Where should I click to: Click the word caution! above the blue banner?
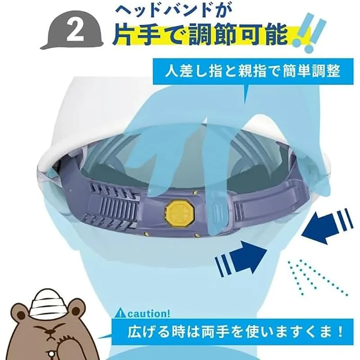(x=149, y=313)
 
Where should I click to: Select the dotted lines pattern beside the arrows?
(x=318, y=278)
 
